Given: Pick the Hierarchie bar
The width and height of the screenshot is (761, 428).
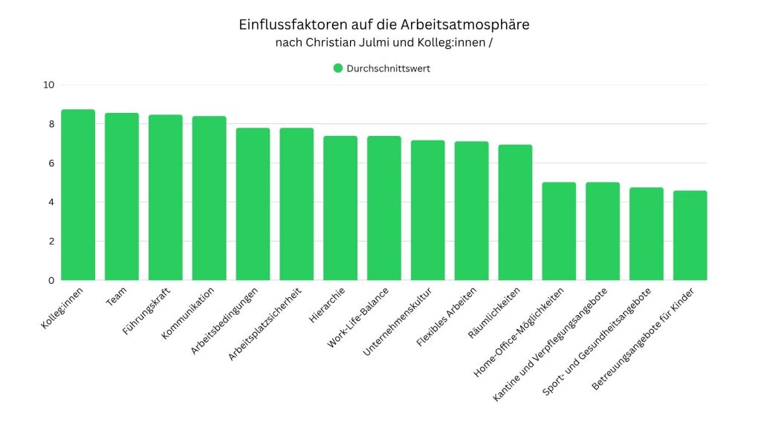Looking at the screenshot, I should coord(340,208).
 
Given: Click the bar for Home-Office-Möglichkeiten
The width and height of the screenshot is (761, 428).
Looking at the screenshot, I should coord(559,231).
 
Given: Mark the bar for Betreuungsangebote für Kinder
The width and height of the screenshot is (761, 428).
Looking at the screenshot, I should coord(690,236).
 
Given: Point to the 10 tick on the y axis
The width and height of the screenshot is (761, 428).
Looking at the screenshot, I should coord(49,85).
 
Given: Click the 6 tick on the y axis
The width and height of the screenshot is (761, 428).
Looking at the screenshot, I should coord(51,163).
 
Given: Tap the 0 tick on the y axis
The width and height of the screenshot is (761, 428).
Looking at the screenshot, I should coord(51,280).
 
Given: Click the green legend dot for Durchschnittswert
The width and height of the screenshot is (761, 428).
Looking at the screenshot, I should coord(338,68).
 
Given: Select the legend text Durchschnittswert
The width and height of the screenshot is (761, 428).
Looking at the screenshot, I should coord(388,68).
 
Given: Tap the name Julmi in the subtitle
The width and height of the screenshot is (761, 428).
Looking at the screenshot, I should coord(376,42).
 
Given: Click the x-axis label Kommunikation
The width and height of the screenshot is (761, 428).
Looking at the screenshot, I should coord(188,313).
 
